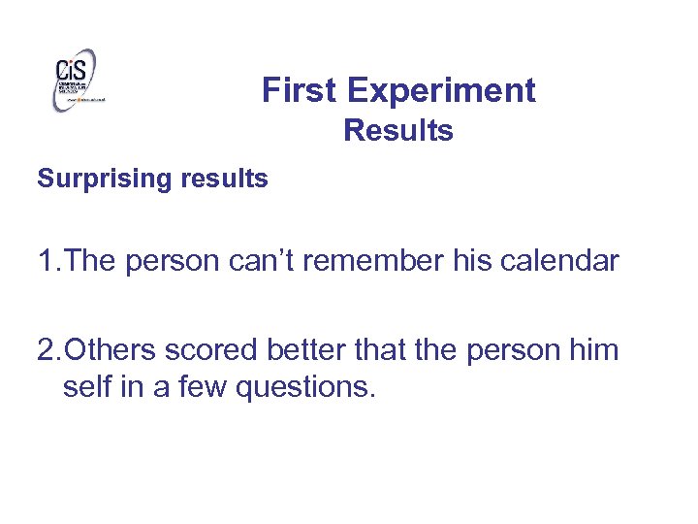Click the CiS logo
(x=77, y=79)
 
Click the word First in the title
(x=301, y=90)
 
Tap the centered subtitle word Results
(x=398, y=130)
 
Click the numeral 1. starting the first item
(x=49, y=261)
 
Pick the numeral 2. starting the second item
(x=49, y=348)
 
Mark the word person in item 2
(x=511, y=350)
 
